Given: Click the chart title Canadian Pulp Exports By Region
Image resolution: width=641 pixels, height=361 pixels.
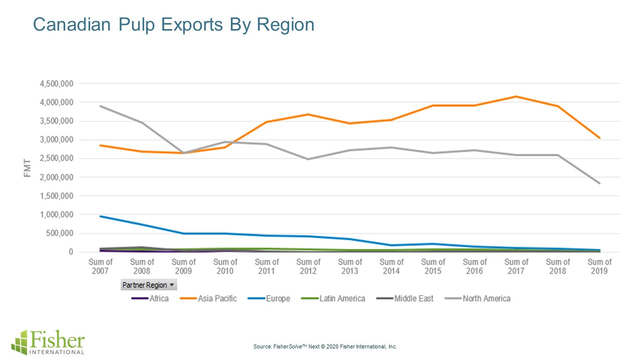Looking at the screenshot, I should tap(173, 25).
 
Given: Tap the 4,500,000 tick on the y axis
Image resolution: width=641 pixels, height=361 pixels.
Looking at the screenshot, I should tap(56, 84).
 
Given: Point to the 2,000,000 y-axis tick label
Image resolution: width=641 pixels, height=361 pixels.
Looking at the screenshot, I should tap(56, 177).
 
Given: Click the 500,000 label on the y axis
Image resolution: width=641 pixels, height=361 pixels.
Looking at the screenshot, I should tap(61, 234).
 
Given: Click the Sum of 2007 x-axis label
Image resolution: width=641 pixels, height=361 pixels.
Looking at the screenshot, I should tap(101, 266).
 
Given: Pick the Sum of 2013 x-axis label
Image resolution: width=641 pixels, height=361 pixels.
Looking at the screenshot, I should tap(350, 266).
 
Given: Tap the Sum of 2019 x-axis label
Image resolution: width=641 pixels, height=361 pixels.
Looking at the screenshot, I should tap(599, 266).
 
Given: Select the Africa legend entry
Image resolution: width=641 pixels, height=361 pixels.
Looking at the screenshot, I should tap(150, 299).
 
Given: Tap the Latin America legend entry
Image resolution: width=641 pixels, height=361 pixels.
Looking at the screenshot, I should tap(335, 299).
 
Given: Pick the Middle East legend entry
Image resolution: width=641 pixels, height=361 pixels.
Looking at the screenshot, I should tap(406, 299).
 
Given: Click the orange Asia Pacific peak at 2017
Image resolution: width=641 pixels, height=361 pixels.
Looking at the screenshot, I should tap(516, 96).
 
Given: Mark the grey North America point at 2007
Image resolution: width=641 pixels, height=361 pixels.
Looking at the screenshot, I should tap(101, 106).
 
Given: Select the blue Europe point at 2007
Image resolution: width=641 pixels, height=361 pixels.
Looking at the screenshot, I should tap(101, 216).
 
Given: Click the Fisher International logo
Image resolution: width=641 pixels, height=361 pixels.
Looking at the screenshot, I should tap(48, 342).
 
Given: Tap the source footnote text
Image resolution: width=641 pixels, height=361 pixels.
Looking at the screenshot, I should tap(325, 346).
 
